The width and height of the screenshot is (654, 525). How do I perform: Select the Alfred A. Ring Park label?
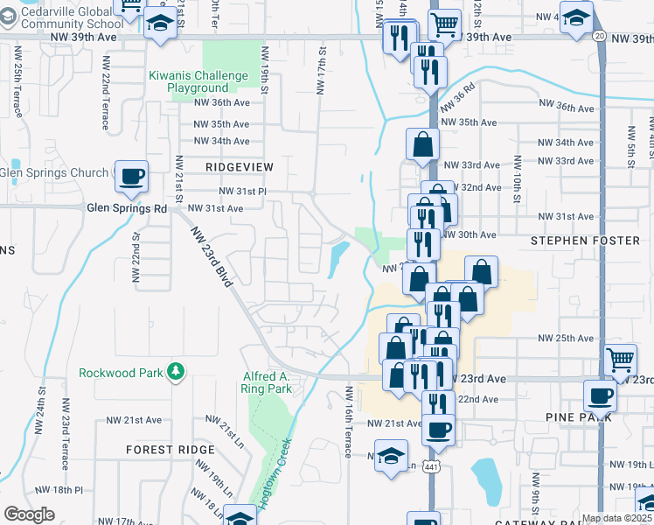tap(267, 382)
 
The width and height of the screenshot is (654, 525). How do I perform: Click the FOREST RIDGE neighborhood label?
tap(170, 449)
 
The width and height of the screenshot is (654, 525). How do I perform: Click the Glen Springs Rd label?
tap(127, 208)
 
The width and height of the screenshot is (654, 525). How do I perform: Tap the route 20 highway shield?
tap(598, 36)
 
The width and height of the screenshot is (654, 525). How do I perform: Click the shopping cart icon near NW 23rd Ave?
tap(620, 359)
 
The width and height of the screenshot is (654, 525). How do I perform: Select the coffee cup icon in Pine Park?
tap(600, 395)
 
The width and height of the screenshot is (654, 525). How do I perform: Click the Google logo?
tap(29, 514)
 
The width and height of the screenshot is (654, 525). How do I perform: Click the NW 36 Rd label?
tap(458, 95)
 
